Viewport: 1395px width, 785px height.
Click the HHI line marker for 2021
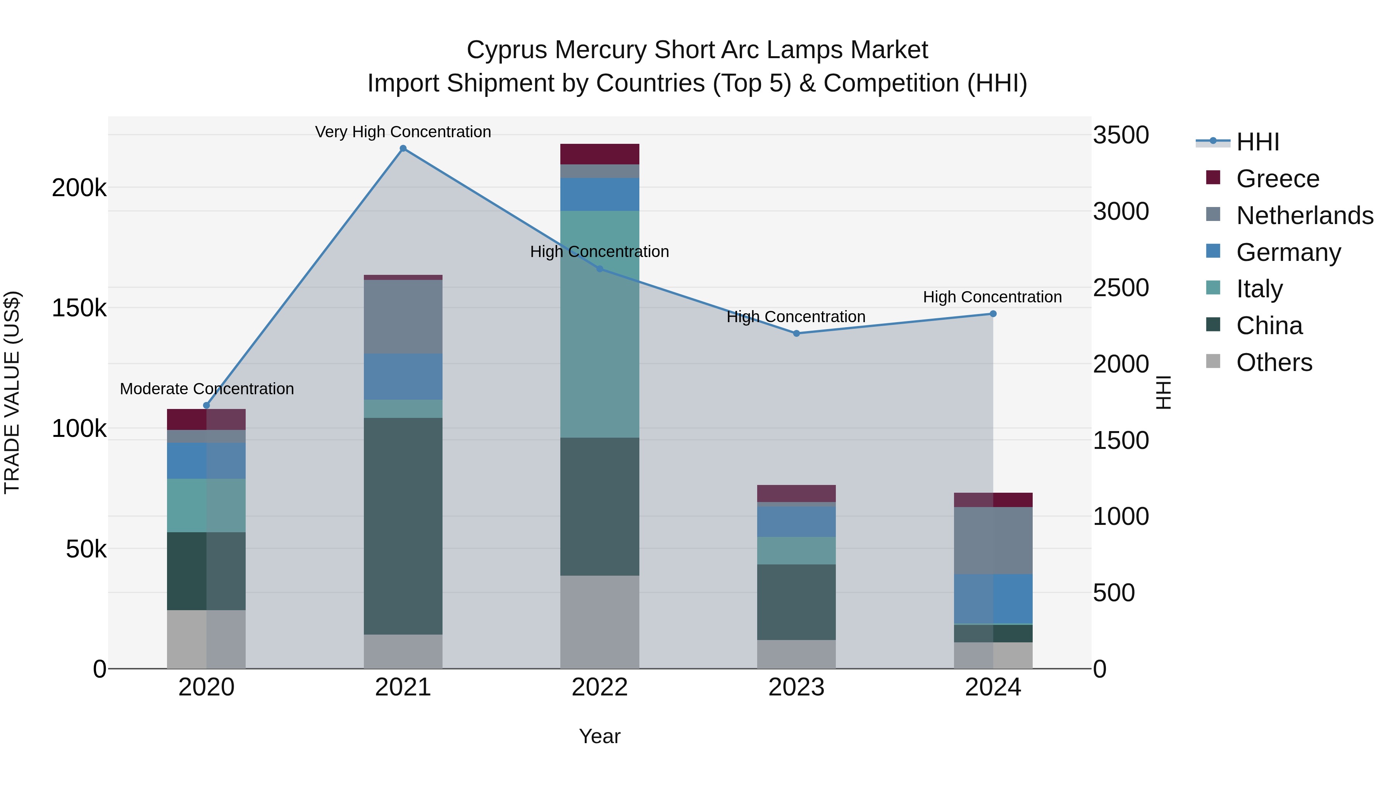point(403,148)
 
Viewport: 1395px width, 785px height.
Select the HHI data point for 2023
point(796,333)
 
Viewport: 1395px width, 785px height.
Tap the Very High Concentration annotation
point(403,132)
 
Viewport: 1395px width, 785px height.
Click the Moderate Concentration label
point(207,388)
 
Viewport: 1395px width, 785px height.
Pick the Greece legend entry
point(1278,179)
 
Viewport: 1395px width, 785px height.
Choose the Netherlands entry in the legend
point(1304,216)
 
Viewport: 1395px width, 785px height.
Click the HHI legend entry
point(1257,142)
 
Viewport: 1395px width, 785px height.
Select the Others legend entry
point(1274,362)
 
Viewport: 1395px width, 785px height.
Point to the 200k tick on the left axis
point(79,188)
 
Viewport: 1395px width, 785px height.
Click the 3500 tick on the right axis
point(1120,135)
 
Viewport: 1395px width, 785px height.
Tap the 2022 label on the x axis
point(599,687)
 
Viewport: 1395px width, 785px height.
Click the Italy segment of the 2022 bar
point(599,324)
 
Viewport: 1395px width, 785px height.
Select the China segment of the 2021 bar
point(403,526)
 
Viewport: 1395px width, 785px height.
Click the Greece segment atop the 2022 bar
point(599,154)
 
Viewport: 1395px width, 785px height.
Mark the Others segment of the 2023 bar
point(796,654)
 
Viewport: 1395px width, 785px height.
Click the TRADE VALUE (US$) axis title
point(12,392)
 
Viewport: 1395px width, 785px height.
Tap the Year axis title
point(599,736)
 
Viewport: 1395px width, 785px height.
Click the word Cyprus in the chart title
point(506,50)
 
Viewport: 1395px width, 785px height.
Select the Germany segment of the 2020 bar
point(206,461)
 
